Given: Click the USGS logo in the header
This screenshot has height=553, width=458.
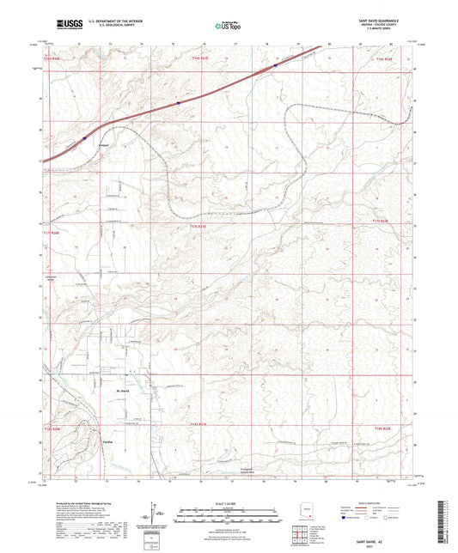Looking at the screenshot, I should tap(64, 24).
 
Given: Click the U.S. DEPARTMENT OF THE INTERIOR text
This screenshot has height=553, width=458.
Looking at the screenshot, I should tap(107, 21).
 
